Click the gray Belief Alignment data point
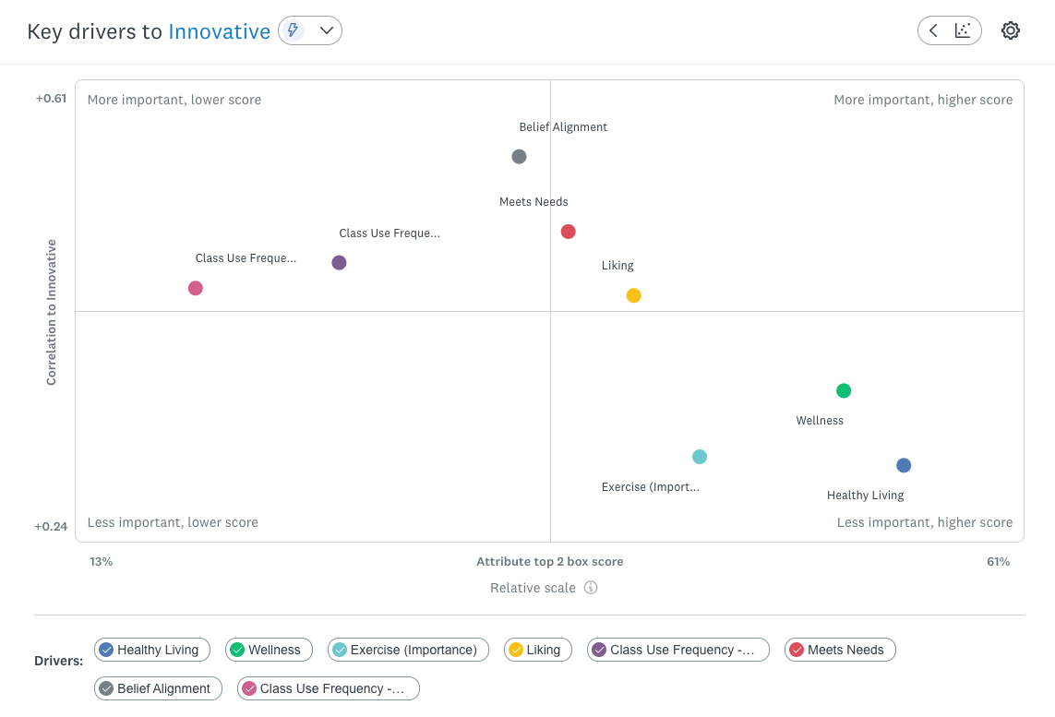click(x=519, y=157)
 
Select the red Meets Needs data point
click(x=569, y=232)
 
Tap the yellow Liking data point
click(x=633, y=296)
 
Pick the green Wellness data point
click(x=843, y=391)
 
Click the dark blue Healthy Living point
click(x=904, y=466)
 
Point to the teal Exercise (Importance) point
click(x=700, y=457)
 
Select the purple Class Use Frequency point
click(x=339, y=263)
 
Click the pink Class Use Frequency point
click(x=196, y=289)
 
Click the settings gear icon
click(x=1011, y=30)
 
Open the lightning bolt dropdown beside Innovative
click(x=310, y=30)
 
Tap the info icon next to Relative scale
click(x=591, y=588)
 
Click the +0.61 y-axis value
click(x=51, y=99)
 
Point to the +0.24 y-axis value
click(x=51, y=527)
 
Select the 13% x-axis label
click(x=102, y=562)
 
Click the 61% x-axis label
click(x=998, y=562)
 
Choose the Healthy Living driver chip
click(x=152, y=650)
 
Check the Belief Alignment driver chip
click(x=158, y=688)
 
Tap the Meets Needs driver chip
click(x=839, y=650)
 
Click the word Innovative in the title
click(x=219, y=31)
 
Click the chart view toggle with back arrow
click(x=949, y=30)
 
